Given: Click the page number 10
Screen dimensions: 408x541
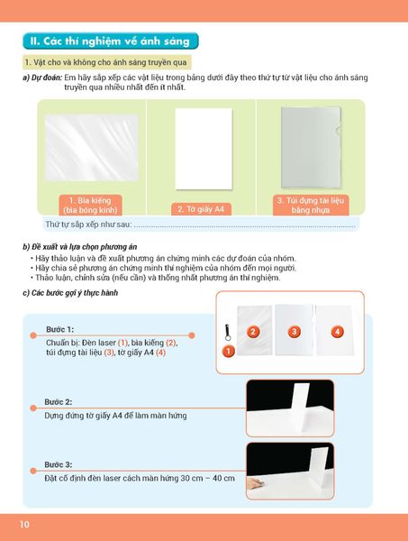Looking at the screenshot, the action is coord(24,525).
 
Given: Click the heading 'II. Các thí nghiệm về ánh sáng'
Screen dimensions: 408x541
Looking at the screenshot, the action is coord(110,41).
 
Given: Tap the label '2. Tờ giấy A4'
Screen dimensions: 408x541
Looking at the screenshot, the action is coord(201,209).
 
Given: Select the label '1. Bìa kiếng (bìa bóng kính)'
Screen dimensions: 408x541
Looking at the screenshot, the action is coord(90,205).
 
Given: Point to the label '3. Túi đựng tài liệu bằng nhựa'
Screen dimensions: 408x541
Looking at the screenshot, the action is coord(311,205).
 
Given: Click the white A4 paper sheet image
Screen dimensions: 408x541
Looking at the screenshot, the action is coord(204,149).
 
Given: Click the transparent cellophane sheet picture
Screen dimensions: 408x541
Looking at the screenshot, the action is coord(91,148).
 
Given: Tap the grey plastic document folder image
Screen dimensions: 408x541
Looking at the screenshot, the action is coord(311,147).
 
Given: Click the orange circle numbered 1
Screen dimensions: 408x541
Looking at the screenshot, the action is coord(228,352).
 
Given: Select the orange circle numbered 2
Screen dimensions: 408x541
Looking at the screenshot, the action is coord(253,332).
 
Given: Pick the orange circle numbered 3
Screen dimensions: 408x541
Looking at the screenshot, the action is coord(294,332).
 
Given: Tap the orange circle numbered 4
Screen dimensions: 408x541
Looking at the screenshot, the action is coord(337,332).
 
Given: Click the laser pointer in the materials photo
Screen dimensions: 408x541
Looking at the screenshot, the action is coord(228,332).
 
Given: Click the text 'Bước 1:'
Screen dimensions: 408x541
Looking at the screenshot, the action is coord(60,329).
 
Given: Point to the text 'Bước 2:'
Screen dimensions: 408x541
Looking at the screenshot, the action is coord(59,402).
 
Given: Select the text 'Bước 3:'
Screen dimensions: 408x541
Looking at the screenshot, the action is coord(59,464).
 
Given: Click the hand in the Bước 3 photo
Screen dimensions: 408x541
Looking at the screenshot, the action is coord(256,483).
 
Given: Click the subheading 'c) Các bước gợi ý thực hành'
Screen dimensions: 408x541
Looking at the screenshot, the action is coord(70,293).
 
